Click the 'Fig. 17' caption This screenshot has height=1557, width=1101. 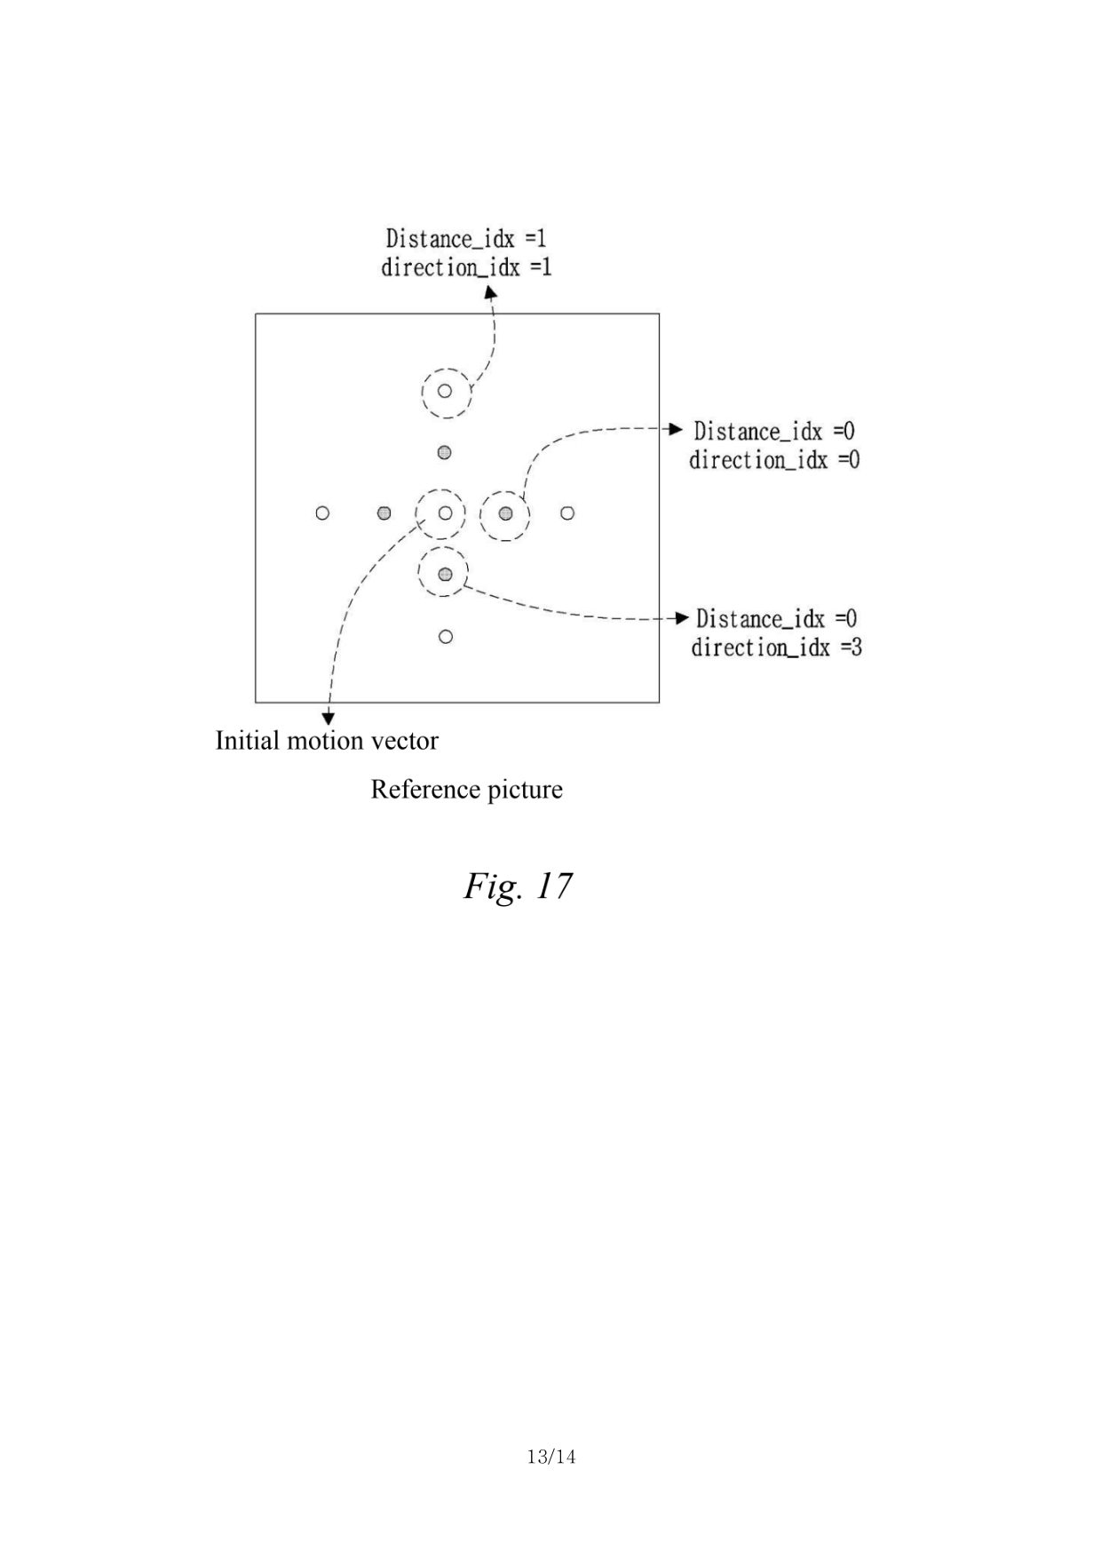click(x=518, y=886)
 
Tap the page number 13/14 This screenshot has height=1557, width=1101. click(x=550, y=1457)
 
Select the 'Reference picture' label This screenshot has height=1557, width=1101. click(x=466, y=789)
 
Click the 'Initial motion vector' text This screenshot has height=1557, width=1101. click(x=327, y=740)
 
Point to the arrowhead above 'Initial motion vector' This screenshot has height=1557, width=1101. click(x=329, y=718)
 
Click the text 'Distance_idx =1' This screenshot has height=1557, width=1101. click(x=466, y=238)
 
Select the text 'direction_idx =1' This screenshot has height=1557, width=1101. click(x=466, y=266)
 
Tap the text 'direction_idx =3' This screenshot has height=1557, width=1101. click(x=776, y=647)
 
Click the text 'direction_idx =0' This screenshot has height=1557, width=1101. click(x=774, y=459)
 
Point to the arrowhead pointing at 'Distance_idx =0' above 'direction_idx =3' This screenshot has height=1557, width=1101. click(x=682, y=618)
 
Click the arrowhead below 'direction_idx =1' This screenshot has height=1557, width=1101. click(x=489, y=290)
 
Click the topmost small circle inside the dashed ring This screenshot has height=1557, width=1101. click(x=445, y=391)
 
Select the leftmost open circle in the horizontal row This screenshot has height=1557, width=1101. click(x=322, y=512)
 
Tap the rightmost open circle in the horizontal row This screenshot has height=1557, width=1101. click(x=567, y=512)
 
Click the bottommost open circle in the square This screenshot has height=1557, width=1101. click(x=446, y=636)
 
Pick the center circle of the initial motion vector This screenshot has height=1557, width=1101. click(x=445, y=512)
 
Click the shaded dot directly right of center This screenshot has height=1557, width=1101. click(x=505, y=512)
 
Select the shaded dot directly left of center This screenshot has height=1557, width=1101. click(x=384, y=512)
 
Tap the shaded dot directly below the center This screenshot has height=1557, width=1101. click(x=445, y=574)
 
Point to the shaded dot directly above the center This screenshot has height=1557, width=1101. click(x=445, y=452)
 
